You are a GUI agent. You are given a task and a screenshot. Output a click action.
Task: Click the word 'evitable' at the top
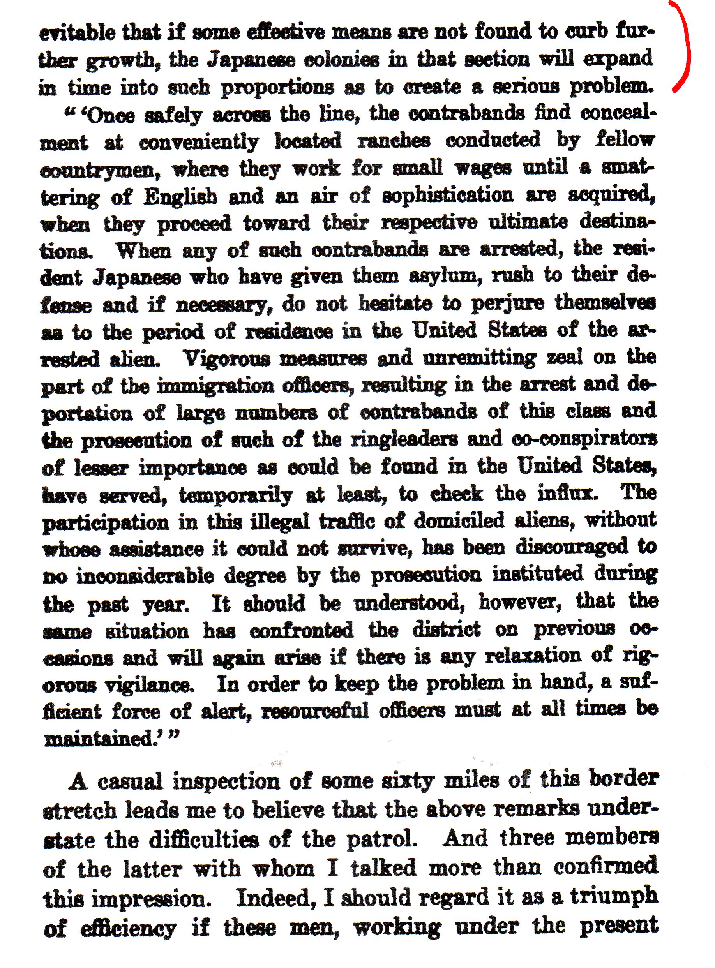click(78, 33)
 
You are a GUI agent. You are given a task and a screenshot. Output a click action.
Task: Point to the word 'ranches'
click(394, 141)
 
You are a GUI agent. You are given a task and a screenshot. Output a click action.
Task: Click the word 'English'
click(180, 197)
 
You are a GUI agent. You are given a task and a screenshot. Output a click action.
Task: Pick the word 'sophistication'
click(448, 196)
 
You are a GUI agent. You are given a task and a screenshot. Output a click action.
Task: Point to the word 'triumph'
click(614, 896)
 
